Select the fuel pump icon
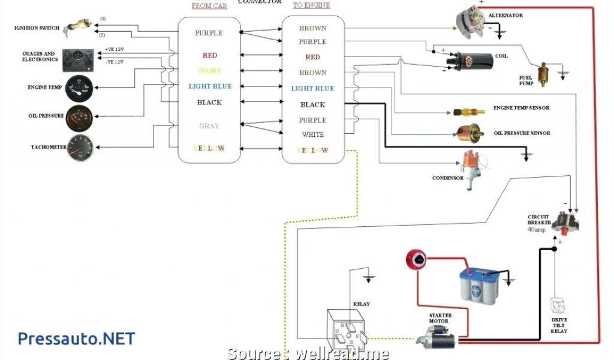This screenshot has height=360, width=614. tap(544, 74)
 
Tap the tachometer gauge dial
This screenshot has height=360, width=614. tap(80, 147)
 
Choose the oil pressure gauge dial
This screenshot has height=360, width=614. tap(79, 117)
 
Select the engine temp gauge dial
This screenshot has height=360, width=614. tap(79, 88)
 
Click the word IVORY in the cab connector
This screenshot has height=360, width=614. tap(209, 71)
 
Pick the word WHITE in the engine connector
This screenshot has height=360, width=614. tap(313, 135)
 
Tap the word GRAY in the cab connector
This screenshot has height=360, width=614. tap(209, 126)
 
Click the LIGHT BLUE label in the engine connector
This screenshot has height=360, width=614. tap(312, 89)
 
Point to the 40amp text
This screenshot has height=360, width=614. tap(537, 229)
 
